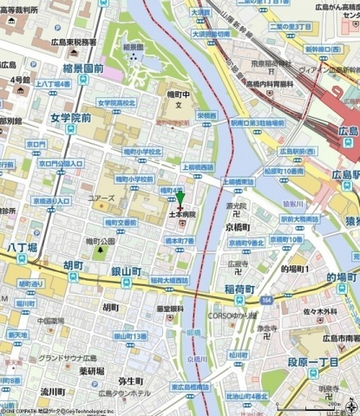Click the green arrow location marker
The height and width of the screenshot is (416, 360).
pos(180,199)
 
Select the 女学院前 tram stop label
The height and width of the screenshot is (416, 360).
pos(70,117)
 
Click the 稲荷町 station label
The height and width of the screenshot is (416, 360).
pos(239,289)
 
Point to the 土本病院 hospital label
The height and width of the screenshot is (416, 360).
pos(182,214)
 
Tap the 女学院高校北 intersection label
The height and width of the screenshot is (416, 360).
pos(116,103)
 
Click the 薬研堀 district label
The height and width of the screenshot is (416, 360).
pos(91,371)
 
